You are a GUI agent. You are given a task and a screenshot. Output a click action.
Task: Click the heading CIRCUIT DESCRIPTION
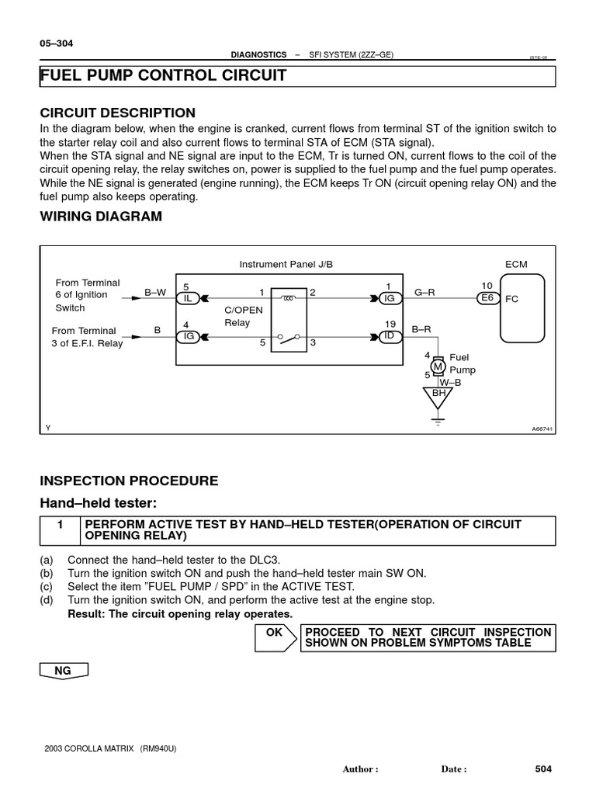(117, 113)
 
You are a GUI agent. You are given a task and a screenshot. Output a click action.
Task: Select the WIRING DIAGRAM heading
(101, 217)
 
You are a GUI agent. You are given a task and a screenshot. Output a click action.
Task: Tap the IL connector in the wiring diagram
(187, 298)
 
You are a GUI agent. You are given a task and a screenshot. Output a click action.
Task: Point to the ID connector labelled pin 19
(390, 335)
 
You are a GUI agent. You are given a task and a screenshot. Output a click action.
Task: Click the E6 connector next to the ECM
(487, 297)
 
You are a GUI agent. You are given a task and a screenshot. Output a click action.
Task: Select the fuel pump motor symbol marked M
(438, 366)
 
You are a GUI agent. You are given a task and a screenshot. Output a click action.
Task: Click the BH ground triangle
(439, 395)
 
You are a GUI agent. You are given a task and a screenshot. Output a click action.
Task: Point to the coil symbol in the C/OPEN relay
(289, 297)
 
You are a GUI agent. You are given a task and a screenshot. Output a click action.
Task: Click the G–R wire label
(424, 292)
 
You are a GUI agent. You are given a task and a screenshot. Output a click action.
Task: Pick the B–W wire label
(155, 292)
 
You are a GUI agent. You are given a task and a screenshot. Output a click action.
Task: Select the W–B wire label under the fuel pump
(450, 382)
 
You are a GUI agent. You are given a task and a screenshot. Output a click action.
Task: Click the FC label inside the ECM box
(511, 299)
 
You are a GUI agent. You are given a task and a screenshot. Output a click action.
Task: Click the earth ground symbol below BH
(439, 422)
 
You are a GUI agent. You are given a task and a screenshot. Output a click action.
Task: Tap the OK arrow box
(275, 637)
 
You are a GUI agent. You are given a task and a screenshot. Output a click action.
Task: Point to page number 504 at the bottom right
(542, 769)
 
